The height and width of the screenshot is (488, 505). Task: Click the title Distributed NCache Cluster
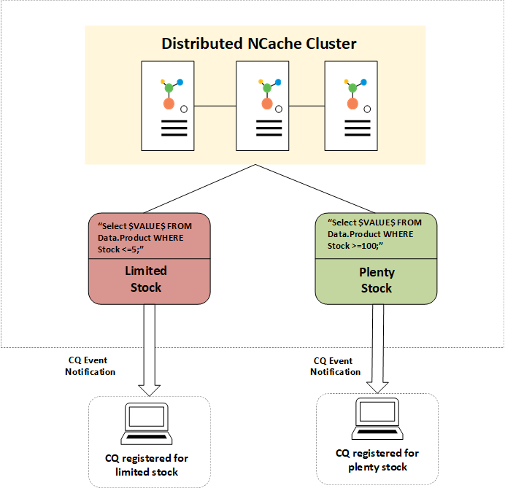coord(259,44)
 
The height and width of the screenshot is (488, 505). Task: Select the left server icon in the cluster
coord(169,106)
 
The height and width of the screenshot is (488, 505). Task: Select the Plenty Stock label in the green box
coord(377,280)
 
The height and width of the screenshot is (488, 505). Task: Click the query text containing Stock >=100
coord(373,234)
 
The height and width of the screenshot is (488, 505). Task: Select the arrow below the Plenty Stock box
coord(377,347)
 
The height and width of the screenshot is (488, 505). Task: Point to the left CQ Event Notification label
coord(90,366)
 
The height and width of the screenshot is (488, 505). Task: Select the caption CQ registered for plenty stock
coord(377,460)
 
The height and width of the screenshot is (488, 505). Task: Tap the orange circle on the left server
coord(169,104)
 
